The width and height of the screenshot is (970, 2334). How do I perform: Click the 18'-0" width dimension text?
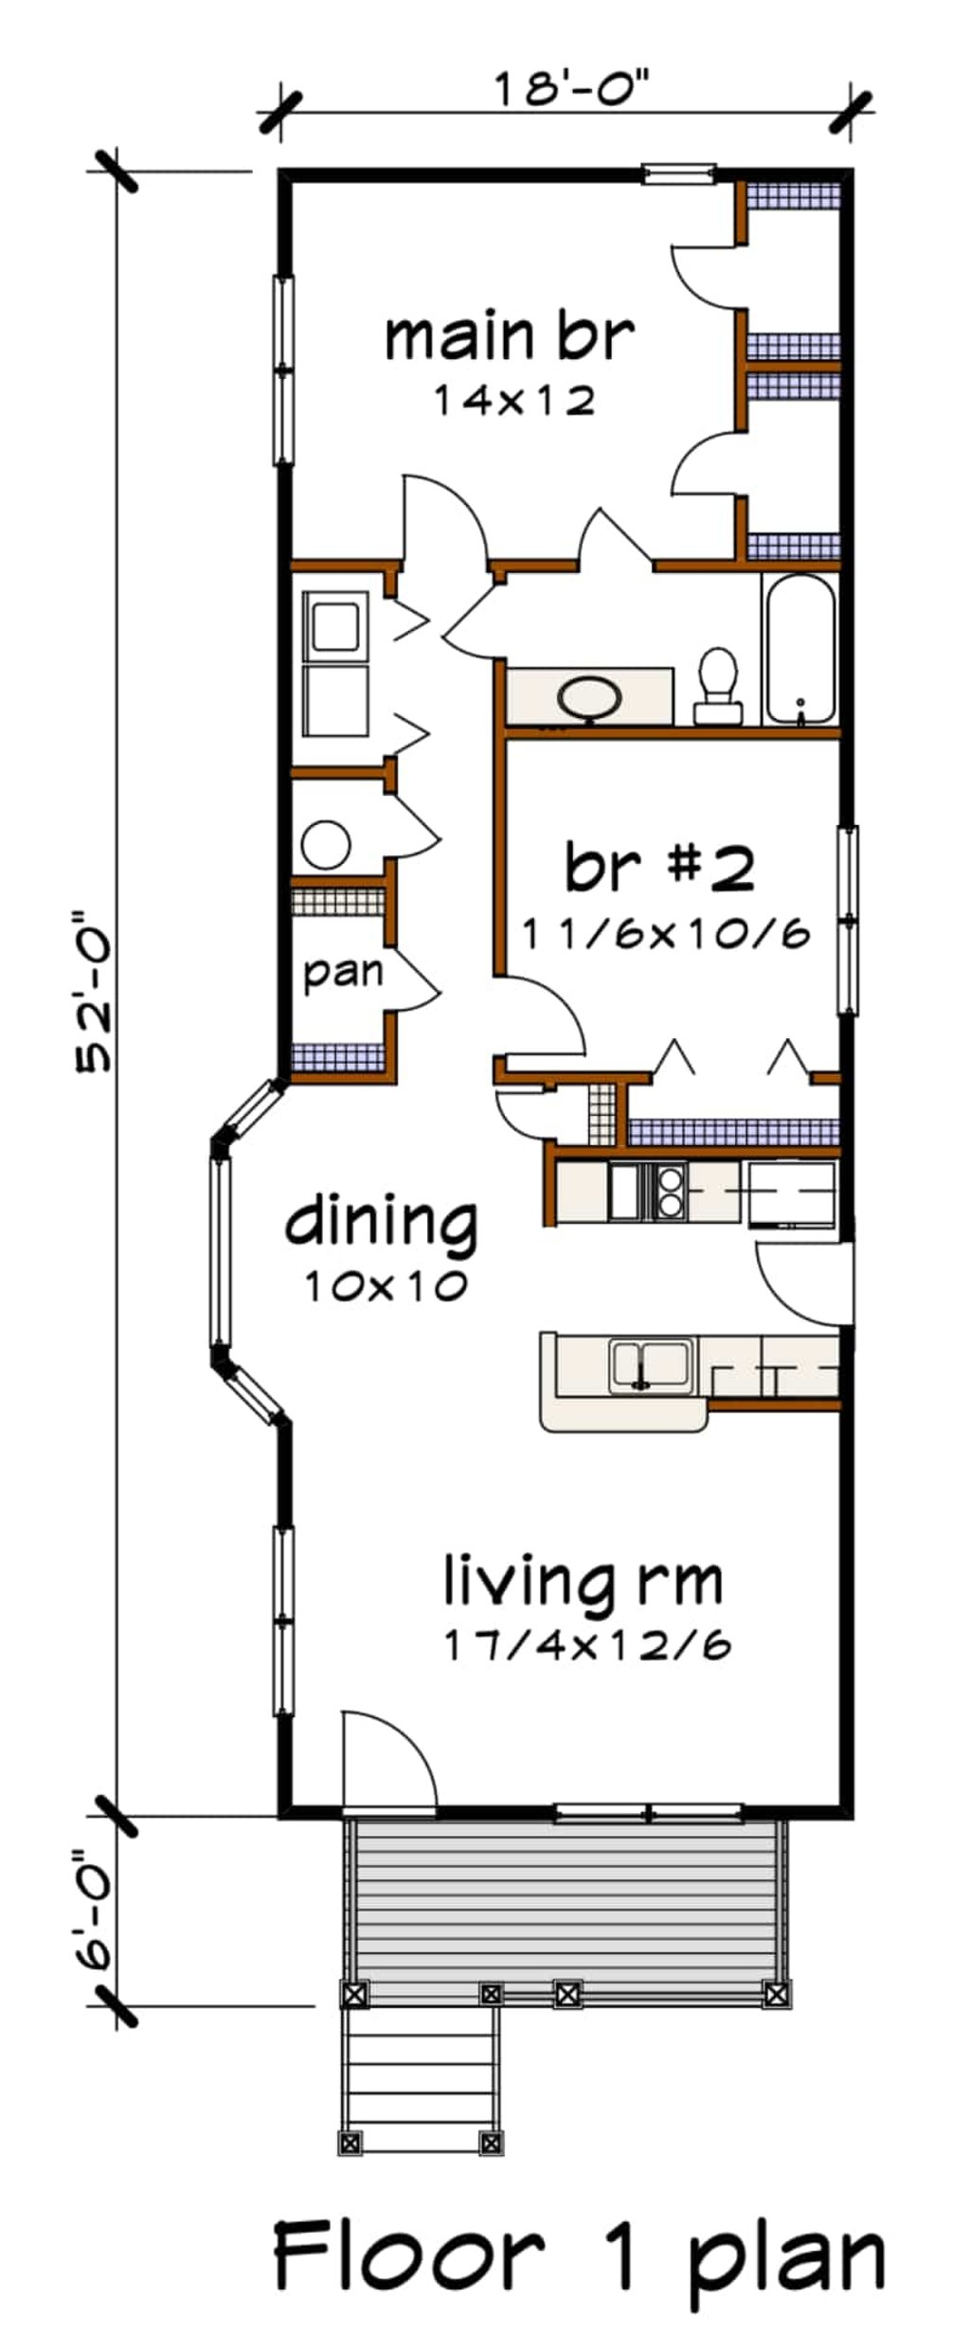(574, 92)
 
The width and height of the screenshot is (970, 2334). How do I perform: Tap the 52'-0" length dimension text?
(95, 991)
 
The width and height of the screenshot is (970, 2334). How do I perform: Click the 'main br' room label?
(509, 338)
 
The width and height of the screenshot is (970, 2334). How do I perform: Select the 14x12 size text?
(514, 402)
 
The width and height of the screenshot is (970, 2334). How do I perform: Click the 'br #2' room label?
(660, 867)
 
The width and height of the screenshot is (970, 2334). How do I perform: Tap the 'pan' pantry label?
(343, 972)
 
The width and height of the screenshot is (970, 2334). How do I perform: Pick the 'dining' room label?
(382, 1222)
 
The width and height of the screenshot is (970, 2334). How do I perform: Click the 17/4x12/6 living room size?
(587, 1647)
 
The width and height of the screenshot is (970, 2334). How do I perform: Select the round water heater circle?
(325, 844)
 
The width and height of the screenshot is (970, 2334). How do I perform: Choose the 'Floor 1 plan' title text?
(579, 2258)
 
